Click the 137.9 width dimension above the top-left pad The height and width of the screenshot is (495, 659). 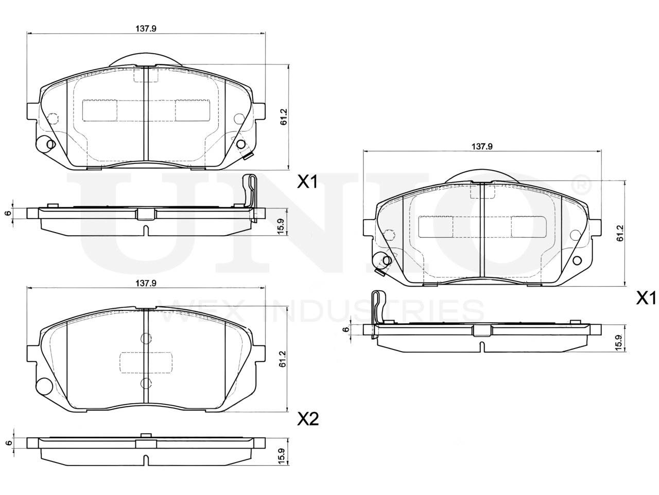click(x=146, y=28)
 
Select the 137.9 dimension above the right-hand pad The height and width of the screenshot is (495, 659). click(x=482, y=146)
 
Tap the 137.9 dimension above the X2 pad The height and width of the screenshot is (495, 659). click(x=146, y=283)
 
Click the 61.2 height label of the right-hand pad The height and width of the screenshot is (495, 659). click(x=620, y=234)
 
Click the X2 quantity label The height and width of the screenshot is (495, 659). click(x=308, y=419)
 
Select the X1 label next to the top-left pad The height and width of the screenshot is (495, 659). click(x=307, y=182)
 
